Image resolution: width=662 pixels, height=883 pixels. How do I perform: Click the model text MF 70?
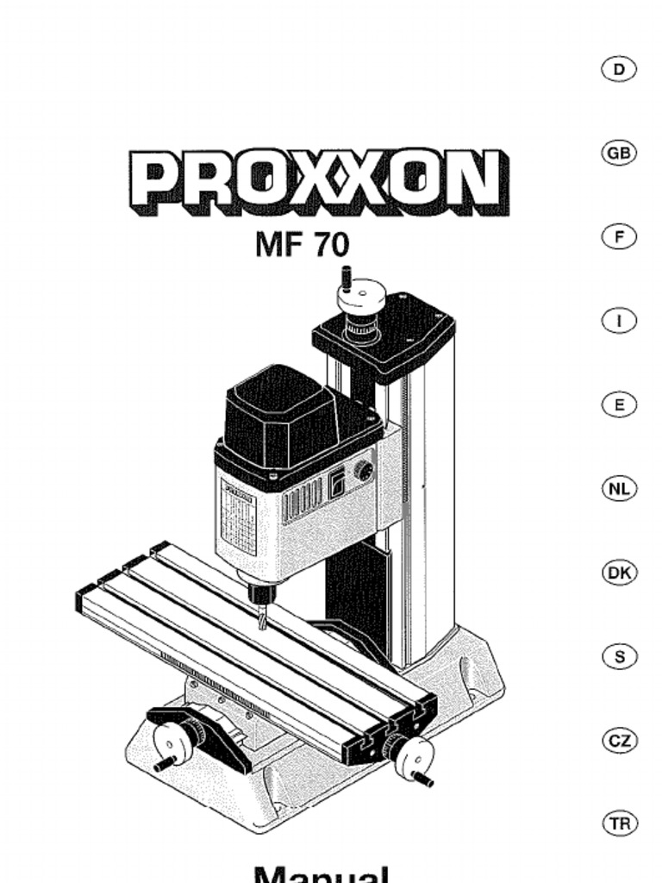click(x=303, y=244)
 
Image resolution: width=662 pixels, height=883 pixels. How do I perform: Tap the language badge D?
click(x=618, y=69)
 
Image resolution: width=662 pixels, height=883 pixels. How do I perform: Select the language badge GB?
click(x=618, y=153)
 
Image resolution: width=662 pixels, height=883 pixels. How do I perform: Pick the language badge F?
click(x=618, y=237)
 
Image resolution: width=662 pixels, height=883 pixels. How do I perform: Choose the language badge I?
click(x=618, y=321)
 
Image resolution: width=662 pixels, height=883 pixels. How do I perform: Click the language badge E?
click(x=618, y=404)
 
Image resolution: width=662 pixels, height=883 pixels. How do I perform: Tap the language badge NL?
click(x=618, y=489)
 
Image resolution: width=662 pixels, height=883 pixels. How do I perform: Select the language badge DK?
click(x=618, y=573)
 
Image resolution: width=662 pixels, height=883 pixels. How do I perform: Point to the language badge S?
click(x=618, y=656)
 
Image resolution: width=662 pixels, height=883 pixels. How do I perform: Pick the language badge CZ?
click(x=618, y=741)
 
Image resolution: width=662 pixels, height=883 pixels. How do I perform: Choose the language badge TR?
click(x=618, y=824)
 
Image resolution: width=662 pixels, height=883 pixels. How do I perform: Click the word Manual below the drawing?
click(x=322, y=873)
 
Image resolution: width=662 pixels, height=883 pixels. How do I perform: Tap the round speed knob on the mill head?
click(x=365, y=471)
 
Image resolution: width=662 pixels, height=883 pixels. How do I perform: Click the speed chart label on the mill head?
click(x=239, y=520)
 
